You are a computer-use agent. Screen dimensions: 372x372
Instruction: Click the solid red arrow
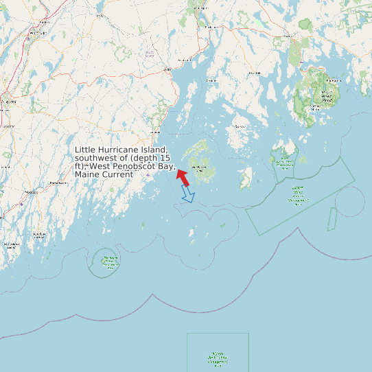[x=183, y=176]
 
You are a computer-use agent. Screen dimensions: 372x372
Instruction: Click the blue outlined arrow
[x=187, y=194]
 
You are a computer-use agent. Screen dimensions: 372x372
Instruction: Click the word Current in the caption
[x=116, y=174]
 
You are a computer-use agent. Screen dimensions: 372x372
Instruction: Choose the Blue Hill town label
[x=254, y=71]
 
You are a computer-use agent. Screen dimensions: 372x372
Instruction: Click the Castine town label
[x=211, y=80]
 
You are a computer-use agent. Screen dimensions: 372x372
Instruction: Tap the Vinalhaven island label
[x=200, y=167]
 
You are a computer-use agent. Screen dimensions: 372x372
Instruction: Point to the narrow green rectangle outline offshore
[x=332, y=219]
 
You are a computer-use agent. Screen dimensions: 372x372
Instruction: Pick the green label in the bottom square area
[x=218, y=358]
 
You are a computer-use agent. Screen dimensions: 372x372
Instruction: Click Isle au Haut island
[x=245, y=181]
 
